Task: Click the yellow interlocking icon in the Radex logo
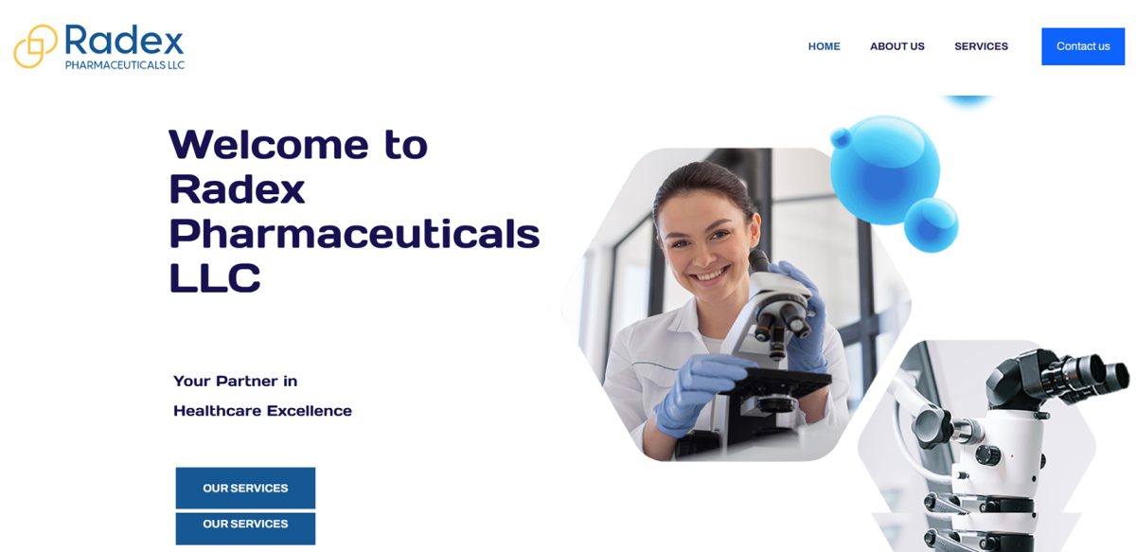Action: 35,46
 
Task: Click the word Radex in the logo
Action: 124,40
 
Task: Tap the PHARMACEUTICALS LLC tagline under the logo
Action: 125,65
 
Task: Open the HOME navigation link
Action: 825,46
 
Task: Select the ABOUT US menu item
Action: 897,46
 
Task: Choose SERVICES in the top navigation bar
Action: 981,46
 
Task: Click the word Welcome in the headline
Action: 269,145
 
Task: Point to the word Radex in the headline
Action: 237,189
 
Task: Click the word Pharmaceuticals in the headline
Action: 354,234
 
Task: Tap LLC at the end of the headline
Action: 215,278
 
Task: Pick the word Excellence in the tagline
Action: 309,410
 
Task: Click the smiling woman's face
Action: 707,238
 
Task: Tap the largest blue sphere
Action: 885,170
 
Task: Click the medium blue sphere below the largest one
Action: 932,224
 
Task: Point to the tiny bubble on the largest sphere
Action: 841,137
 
